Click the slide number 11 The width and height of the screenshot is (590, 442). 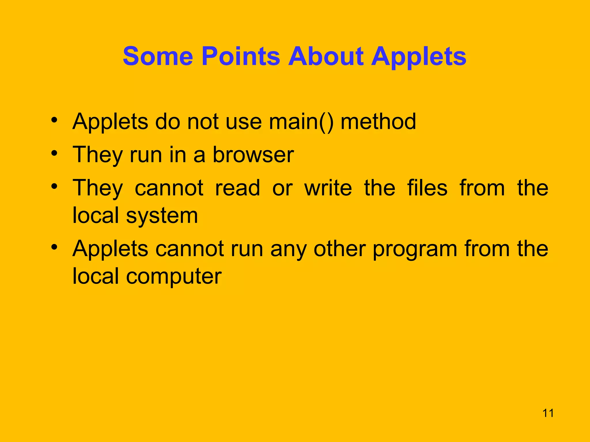(x=548, y=413)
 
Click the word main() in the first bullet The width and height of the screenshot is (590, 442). (x=301, y=122)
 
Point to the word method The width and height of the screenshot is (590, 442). (x=378, y=122)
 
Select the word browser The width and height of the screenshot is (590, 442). (x=253, y=155)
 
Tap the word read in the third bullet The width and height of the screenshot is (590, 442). (x=238, y=188)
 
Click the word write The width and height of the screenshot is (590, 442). (x=328, y=188)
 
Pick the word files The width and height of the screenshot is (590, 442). (x=427, y=188)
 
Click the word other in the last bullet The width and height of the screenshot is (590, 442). (x=340, y=249)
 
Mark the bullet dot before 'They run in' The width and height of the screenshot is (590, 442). (x=54, y=153)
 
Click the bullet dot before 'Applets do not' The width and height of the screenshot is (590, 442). (x=54, y=120)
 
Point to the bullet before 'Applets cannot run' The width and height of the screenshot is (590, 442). (x=54, y=247)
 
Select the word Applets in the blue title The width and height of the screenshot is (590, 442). (x=419, y=57)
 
